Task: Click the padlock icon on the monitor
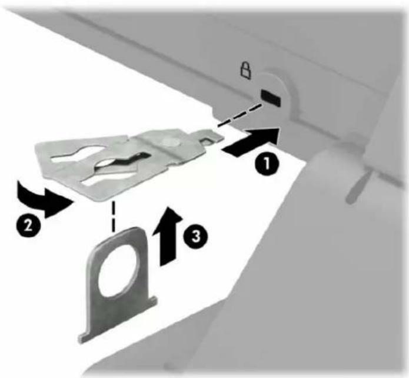click(245, 70)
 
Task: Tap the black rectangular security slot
click(271, 98)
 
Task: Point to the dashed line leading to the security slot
click(239, 115)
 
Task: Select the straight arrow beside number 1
click(251, 141)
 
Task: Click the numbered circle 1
click(267, 164)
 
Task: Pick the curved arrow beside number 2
click(44, 198)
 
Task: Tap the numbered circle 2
click(28, 224)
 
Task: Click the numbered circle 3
click(197, 236)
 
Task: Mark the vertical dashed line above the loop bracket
click(112, 217)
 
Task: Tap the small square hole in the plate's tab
click(207, 141)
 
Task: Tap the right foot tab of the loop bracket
click(153, 301)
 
